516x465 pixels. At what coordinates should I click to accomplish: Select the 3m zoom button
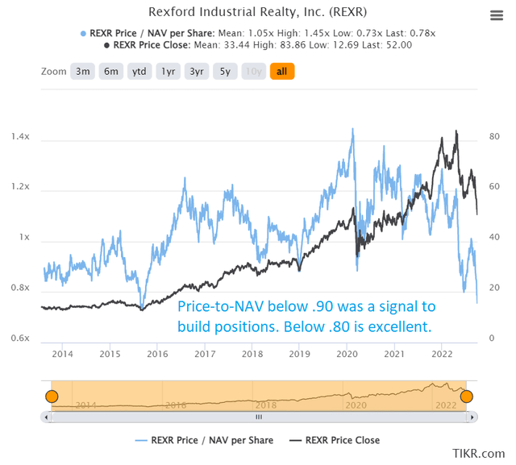[x=83, y=71]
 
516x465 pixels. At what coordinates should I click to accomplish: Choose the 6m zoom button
[x=111, y=71]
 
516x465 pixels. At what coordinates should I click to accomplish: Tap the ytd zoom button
[x=139, y=71]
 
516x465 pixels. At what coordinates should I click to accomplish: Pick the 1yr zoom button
[x=169, y=71]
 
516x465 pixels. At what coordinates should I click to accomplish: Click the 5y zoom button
[x=225, y=71]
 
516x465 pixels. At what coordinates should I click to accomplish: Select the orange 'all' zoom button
[x=282, y=71]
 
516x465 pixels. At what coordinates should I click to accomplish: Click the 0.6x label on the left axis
[x=20, y=338]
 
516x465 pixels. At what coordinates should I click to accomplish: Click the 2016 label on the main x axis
[x=157, y=355]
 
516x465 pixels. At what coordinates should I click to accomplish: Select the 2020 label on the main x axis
[x=347, y=355]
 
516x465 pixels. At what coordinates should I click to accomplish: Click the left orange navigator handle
[x=52, y=396]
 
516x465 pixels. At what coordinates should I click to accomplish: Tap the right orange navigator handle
[x=466, y=396]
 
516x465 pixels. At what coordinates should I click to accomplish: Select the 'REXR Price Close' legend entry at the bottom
[x=335, y=440]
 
